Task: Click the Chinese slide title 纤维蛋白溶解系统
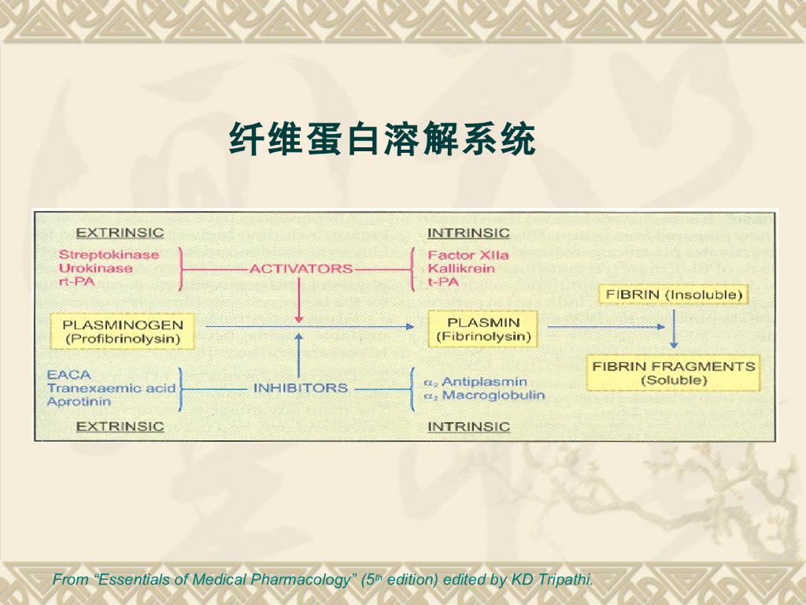383,140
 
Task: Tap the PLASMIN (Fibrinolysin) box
483,330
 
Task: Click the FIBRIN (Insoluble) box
672,295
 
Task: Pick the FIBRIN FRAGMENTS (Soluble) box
674,373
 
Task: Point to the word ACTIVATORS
301,269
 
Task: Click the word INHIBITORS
300,388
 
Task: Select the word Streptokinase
109,254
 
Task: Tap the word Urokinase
96,268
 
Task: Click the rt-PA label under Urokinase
76,281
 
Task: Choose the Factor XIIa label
468,254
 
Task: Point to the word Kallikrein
461,268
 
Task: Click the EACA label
69,375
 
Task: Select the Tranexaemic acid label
111,388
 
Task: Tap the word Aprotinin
79,401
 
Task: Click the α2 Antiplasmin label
475,382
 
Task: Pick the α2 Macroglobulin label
484,395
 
